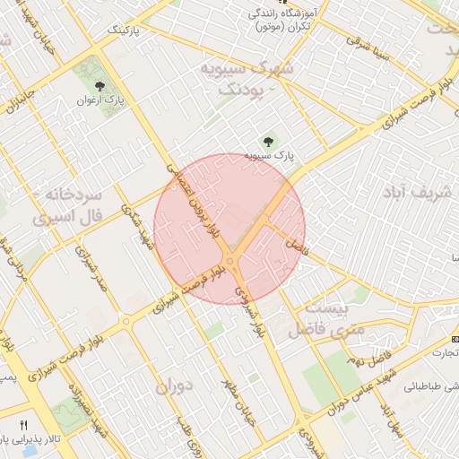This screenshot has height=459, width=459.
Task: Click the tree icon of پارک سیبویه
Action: click(267, 141)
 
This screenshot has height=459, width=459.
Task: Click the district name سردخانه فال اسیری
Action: click(69, 205)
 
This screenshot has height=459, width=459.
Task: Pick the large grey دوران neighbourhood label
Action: click(175, 388)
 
